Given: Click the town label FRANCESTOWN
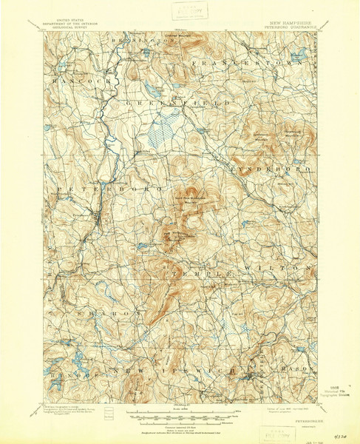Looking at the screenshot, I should pyautogui.click(x=248, y=64).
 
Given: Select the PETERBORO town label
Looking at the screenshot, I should pyautogui.click(x=82, y=189).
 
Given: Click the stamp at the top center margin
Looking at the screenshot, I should pyautogui.click(x=189, y=12).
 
